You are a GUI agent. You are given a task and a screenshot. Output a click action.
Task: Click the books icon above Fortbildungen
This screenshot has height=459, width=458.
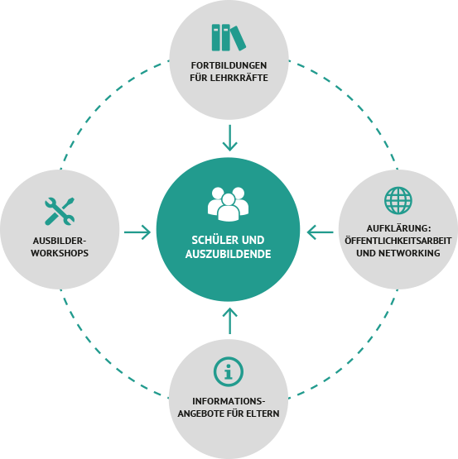(229, 38)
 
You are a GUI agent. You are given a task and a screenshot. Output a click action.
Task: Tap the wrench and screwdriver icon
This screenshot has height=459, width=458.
(60, 212)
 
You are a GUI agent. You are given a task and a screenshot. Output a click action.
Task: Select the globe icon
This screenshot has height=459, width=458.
(398, 200)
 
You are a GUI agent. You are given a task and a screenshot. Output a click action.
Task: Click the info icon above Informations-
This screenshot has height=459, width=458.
(229, 372)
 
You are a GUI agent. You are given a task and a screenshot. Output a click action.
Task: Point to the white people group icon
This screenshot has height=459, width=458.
(228, 204)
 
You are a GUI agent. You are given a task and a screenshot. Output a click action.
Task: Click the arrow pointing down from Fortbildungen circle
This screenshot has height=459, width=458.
(230, 138)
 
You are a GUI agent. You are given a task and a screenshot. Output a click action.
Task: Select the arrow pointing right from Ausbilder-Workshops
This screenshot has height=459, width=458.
(137, 232)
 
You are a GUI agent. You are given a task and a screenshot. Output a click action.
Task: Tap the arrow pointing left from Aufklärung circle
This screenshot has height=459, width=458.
(321, 232)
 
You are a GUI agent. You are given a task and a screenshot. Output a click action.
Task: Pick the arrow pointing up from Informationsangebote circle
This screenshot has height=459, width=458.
(230, 321)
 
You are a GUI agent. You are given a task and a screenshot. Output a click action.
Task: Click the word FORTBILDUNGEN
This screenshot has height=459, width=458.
(229, 65)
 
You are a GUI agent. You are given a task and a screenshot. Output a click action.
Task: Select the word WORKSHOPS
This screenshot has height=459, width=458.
(60, 253)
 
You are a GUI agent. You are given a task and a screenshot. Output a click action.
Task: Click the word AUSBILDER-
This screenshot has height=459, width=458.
(60, 241)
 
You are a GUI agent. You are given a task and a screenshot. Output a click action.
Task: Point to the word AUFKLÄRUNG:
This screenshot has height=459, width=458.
(398, 228)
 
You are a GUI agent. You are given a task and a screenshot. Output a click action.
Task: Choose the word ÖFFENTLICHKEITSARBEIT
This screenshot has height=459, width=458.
(398, 241)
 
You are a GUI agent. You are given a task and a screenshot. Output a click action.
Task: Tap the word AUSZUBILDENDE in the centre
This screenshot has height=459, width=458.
(228, 254)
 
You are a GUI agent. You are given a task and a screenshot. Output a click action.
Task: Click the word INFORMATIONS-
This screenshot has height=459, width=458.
(229, 401)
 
